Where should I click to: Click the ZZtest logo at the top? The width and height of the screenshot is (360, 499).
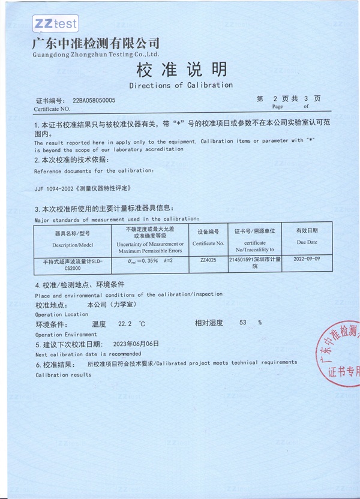[x=55, y=23]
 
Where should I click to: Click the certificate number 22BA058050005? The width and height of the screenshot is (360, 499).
[x=94, y=101]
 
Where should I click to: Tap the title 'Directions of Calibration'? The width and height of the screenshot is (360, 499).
[x=181, y=85]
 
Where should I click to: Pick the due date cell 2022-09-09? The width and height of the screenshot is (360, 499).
[x=307, y=261]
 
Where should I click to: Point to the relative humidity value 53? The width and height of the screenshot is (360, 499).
[x=243, y=323]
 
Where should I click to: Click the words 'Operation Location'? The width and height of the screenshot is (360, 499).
[x=61, y=314]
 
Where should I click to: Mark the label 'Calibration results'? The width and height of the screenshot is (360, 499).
[x=64, y=375]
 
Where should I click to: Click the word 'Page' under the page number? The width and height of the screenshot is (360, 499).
[x=277, y=106]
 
